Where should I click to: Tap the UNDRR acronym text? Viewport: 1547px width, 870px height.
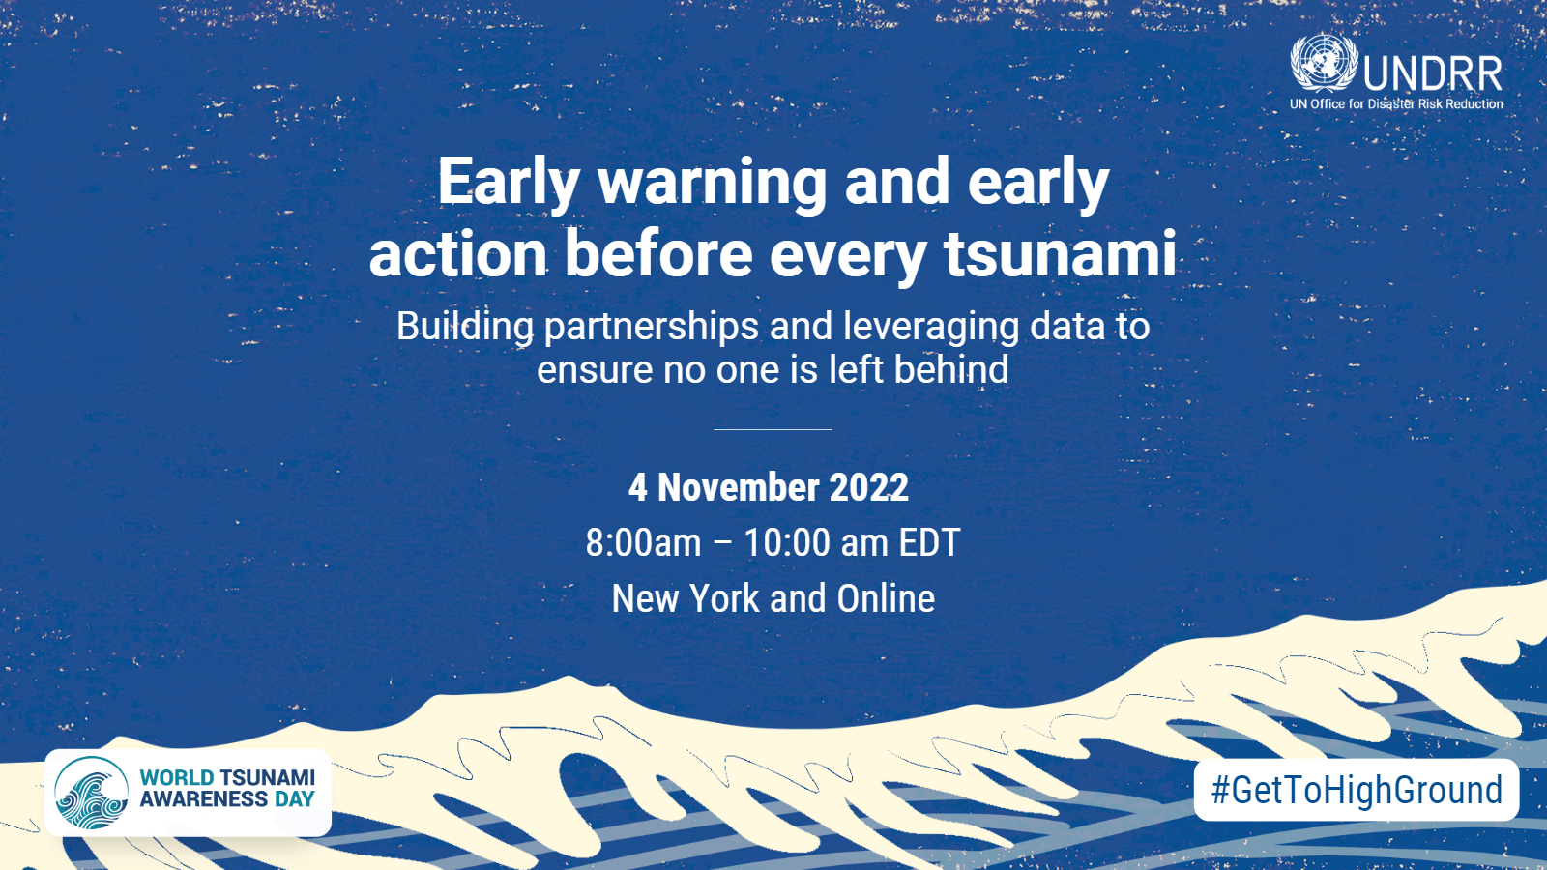[x=1433, y=73]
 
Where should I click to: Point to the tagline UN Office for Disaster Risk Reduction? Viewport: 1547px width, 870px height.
[x=1396, y=103]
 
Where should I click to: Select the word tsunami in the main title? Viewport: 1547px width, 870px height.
[x=1060, y=254]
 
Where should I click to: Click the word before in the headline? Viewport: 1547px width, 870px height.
[x=657, y=254]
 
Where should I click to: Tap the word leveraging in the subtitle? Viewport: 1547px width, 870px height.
[x=930, y=327]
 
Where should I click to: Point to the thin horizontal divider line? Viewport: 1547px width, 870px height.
[x=773, y=429]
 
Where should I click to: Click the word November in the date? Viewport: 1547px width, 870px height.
[x=738, y=487]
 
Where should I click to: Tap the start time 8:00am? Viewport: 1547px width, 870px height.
[x=643, y=542]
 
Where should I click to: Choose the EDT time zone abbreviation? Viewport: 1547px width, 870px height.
[x=929, y=542]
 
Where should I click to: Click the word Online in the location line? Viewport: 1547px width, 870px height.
[x=886, y=598]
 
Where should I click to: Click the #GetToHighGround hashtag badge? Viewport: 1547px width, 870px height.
[x=1357, y=790]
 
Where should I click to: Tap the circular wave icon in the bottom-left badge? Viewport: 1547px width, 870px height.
[x=91, y=794]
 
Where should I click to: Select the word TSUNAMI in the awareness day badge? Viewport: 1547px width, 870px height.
[x=267, y=778]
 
